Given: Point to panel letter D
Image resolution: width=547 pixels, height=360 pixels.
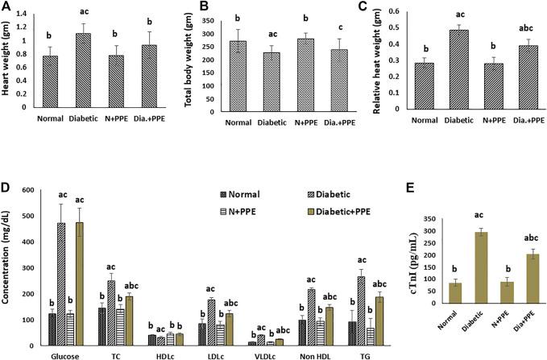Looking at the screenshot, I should point(6,188).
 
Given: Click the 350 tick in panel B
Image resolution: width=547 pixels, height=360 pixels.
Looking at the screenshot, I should point(202,15).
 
